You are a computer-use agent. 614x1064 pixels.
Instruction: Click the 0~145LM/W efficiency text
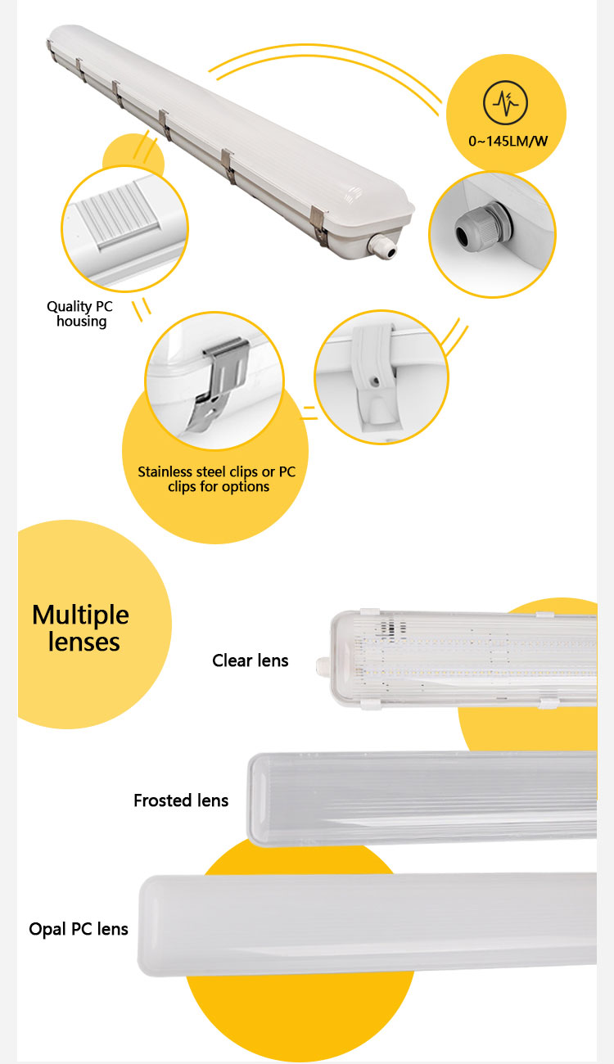(x=508, y=141)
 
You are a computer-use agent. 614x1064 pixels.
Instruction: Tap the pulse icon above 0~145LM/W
(x=505, y=102)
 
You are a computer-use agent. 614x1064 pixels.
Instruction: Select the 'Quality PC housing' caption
(x=80, y=314)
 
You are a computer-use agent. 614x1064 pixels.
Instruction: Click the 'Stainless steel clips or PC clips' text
(x=217, y=479)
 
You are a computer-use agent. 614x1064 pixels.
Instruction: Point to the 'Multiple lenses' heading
(x=81, y=628)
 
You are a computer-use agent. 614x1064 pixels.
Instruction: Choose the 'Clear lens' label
(x=250, y=660)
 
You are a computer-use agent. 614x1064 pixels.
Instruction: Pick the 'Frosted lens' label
(x=181, y=800)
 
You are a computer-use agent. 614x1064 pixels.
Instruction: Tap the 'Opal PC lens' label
(x=79, y=929)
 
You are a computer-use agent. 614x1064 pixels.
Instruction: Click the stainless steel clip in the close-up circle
(x=219, y=381)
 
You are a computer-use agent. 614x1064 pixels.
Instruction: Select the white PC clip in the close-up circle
(x=376, y=376)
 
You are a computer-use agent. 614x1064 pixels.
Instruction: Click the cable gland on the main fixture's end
(x=383, y=246)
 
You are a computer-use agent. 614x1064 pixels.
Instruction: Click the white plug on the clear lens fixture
(x=323, y=666)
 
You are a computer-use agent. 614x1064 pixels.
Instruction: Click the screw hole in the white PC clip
(x=376, y=381)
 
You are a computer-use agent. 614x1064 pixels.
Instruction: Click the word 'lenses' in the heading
(x=84, y=642)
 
